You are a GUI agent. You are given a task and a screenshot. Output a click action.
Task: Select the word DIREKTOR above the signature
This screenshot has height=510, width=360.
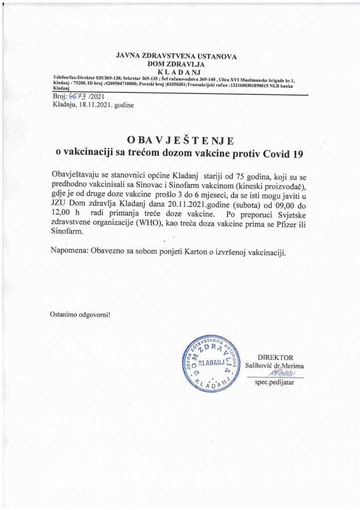pyautogui.click(x=275, y=357)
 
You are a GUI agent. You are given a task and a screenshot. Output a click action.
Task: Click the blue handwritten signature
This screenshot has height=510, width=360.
pyautogui.click(x=281, y=373)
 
